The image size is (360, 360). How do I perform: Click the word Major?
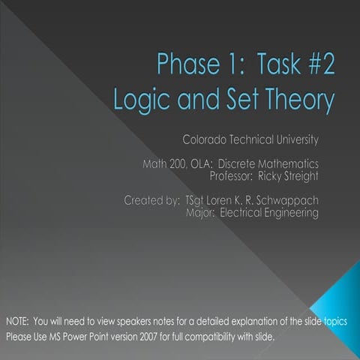199,213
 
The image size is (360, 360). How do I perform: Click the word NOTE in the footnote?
17,321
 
